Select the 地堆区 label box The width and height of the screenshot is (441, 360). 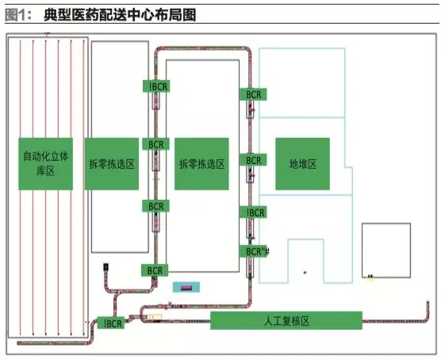[303, 163]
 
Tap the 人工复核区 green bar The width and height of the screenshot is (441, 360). [286, 321]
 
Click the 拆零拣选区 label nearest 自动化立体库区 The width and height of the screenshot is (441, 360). [112, 164]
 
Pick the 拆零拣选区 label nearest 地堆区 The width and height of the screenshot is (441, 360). [201, 164]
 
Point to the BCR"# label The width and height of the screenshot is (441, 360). [255, 251]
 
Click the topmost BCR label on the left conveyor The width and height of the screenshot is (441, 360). [155, 86]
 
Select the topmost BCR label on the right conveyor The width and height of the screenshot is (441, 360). [253, 94]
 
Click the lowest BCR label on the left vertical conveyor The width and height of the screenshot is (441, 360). [154, 270]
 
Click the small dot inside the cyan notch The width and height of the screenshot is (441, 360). [305, 273]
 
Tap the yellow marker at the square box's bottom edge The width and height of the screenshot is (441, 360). [370, 277]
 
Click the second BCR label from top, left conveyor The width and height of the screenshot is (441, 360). [154, 144]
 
